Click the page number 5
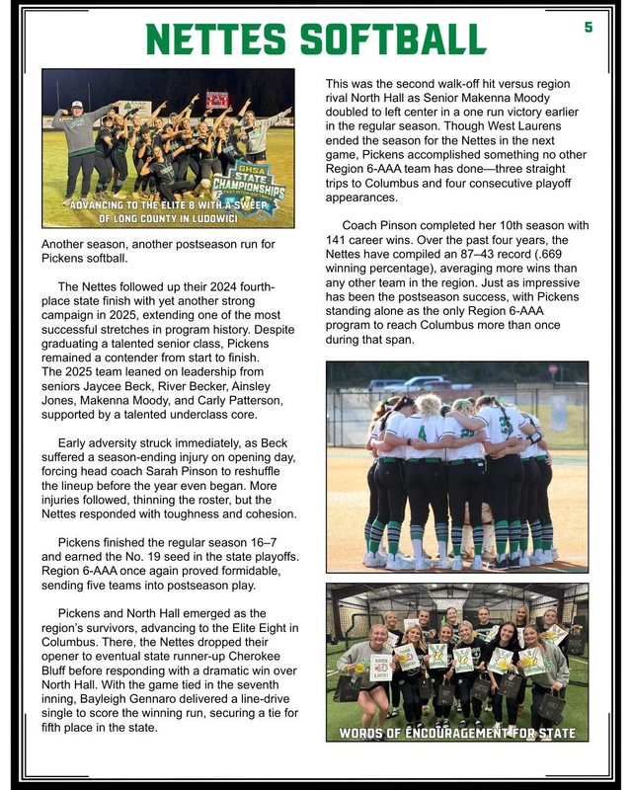589,28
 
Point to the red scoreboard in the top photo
217,99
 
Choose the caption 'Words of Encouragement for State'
457,733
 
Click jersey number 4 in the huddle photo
423,431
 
